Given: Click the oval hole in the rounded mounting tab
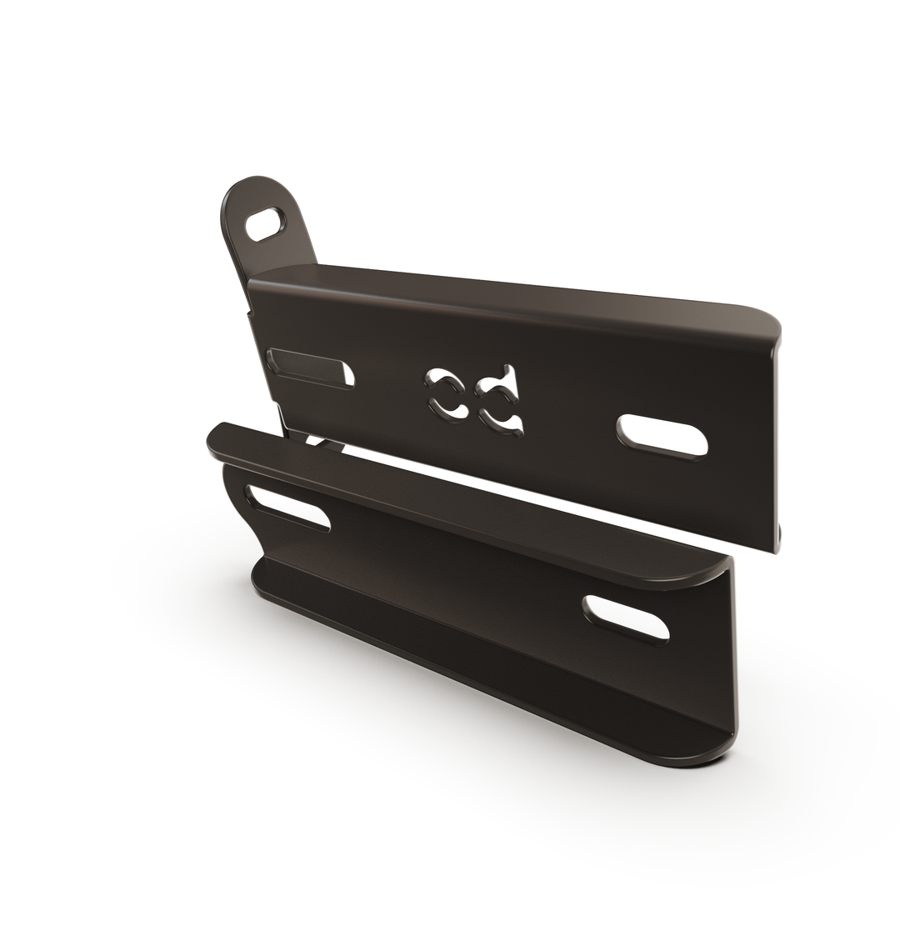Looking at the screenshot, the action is tap(266, 224).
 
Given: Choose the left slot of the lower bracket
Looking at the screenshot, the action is tap(287, 508).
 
